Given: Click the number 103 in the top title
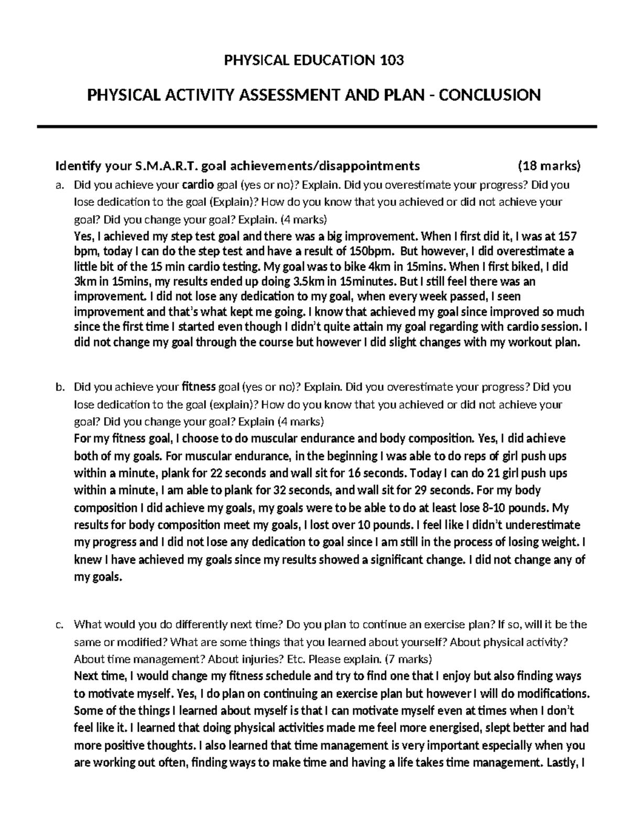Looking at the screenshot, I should pos(391,61).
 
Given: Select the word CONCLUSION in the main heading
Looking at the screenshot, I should pos(489,95).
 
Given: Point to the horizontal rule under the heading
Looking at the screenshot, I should pos(314,127).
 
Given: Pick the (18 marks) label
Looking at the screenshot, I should pos(549,166).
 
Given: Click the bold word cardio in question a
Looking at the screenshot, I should pos(198,184).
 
